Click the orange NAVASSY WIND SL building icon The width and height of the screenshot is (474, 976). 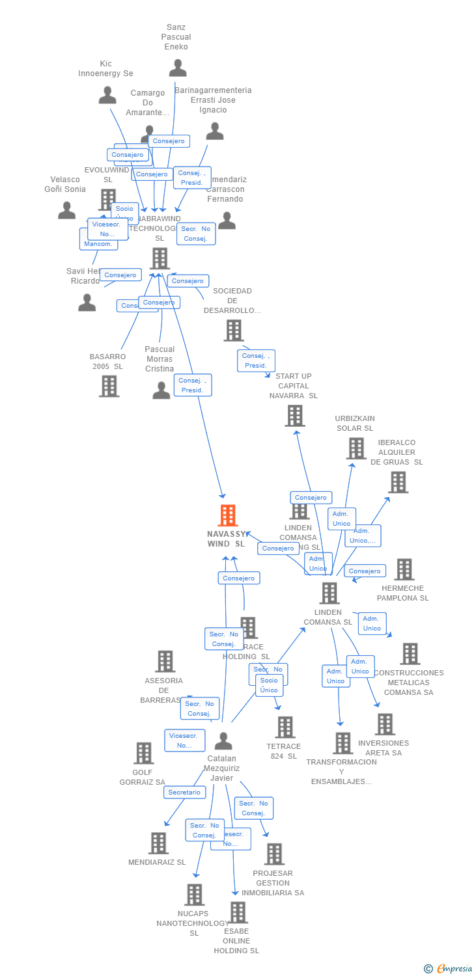point(227,515)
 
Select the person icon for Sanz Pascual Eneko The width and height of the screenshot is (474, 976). point(177,68)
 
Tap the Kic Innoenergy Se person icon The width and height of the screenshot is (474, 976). point(107,95)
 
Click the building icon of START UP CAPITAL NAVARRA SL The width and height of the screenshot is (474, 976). point(295,416)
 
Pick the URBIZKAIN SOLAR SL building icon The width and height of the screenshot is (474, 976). point(355,448)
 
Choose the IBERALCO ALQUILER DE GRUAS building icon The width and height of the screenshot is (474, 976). point(398,482)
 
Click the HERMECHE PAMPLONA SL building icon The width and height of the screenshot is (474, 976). point(404,569)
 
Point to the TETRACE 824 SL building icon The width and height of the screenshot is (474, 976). point(285,727)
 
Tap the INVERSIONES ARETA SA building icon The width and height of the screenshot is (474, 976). point(385,724)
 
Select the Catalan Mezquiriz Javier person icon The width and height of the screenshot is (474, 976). point(223,741)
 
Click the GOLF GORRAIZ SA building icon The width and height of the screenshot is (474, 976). point(143,753)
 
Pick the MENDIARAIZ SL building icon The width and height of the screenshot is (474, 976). point(158,843)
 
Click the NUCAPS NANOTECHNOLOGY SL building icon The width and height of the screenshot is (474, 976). point(194,895)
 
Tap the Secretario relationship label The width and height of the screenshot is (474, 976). point(184,792)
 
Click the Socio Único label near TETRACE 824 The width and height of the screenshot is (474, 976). point(269,685)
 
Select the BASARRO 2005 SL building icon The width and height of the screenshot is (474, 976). point(109,386)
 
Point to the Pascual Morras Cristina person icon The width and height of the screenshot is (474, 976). point(161,390)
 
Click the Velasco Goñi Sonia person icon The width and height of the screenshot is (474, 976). point(66,210)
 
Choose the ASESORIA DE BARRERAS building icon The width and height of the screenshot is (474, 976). point(165,661)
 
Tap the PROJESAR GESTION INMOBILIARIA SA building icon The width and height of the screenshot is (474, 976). point(274,854)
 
